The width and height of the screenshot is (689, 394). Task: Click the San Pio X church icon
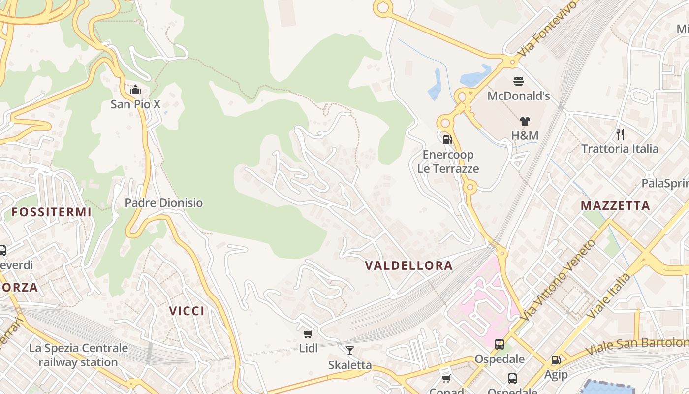(x=135, y=90)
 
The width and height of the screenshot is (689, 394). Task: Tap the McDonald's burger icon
(x=519, y=81)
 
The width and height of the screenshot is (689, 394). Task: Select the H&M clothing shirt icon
(x=525, y=121)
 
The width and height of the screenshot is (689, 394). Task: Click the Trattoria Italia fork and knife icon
(x=620, y=134)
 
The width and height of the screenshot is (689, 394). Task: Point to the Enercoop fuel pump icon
(x=447, y=140)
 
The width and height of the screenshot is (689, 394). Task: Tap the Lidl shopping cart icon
(x=308, y=334)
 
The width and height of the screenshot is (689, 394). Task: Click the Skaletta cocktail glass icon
(x=350, y=351)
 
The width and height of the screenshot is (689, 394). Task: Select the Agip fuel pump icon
(x=556, y=361)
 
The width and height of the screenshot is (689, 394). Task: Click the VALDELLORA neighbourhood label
(x=408, y=265)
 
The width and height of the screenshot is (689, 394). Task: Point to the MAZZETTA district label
(x=615, y=205)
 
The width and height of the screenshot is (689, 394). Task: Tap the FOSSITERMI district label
(x=52, y=212)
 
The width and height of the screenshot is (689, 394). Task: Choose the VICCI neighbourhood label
(x=187, y=311)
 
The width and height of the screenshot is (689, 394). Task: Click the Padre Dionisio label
(x=163, y=203)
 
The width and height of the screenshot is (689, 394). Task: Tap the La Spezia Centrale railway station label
(x=78, y=355)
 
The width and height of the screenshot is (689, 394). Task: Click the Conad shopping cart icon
(x=446, y=378)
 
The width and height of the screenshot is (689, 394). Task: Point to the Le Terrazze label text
(x=448, y=169)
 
